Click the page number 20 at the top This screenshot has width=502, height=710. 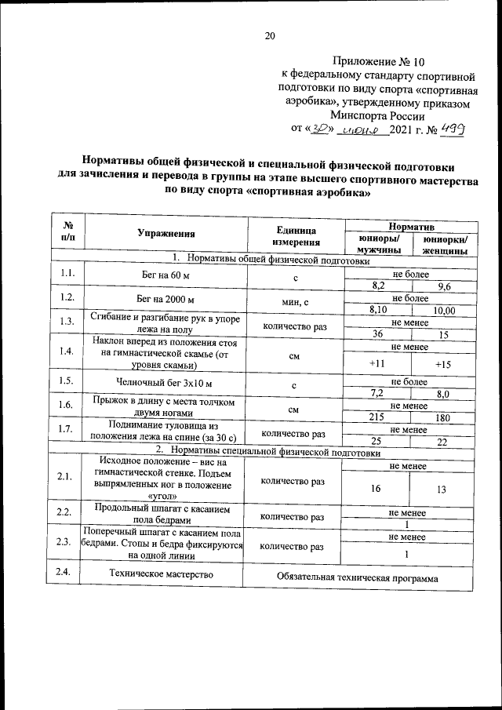tap(271, 35)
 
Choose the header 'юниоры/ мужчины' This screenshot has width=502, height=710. tap(378, 244)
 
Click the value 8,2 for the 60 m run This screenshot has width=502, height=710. tap(377, 286)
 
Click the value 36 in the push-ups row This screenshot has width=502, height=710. tap(377, 333)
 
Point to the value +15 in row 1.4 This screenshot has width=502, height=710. tap(443, 364)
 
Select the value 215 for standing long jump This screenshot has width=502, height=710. tap(377, 417)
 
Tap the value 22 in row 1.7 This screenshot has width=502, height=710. tap(443, 442)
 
